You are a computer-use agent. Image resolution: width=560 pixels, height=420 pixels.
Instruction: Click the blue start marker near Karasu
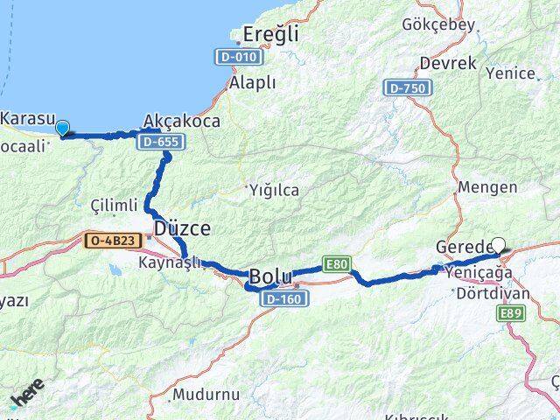[x=62, y=129]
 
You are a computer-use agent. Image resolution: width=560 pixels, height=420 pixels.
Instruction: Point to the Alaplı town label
[x=252, y=82]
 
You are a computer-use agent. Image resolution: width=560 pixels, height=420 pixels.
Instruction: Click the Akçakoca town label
[x=181, y=122]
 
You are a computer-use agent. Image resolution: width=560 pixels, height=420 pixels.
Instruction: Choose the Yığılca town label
[x=273, y=190]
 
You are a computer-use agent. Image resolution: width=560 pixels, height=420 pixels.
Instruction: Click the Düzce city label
[x=182, y=229]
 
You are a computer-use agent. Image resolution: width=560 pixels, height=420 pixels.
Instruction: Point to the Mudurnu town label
[x=206, y=395]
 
